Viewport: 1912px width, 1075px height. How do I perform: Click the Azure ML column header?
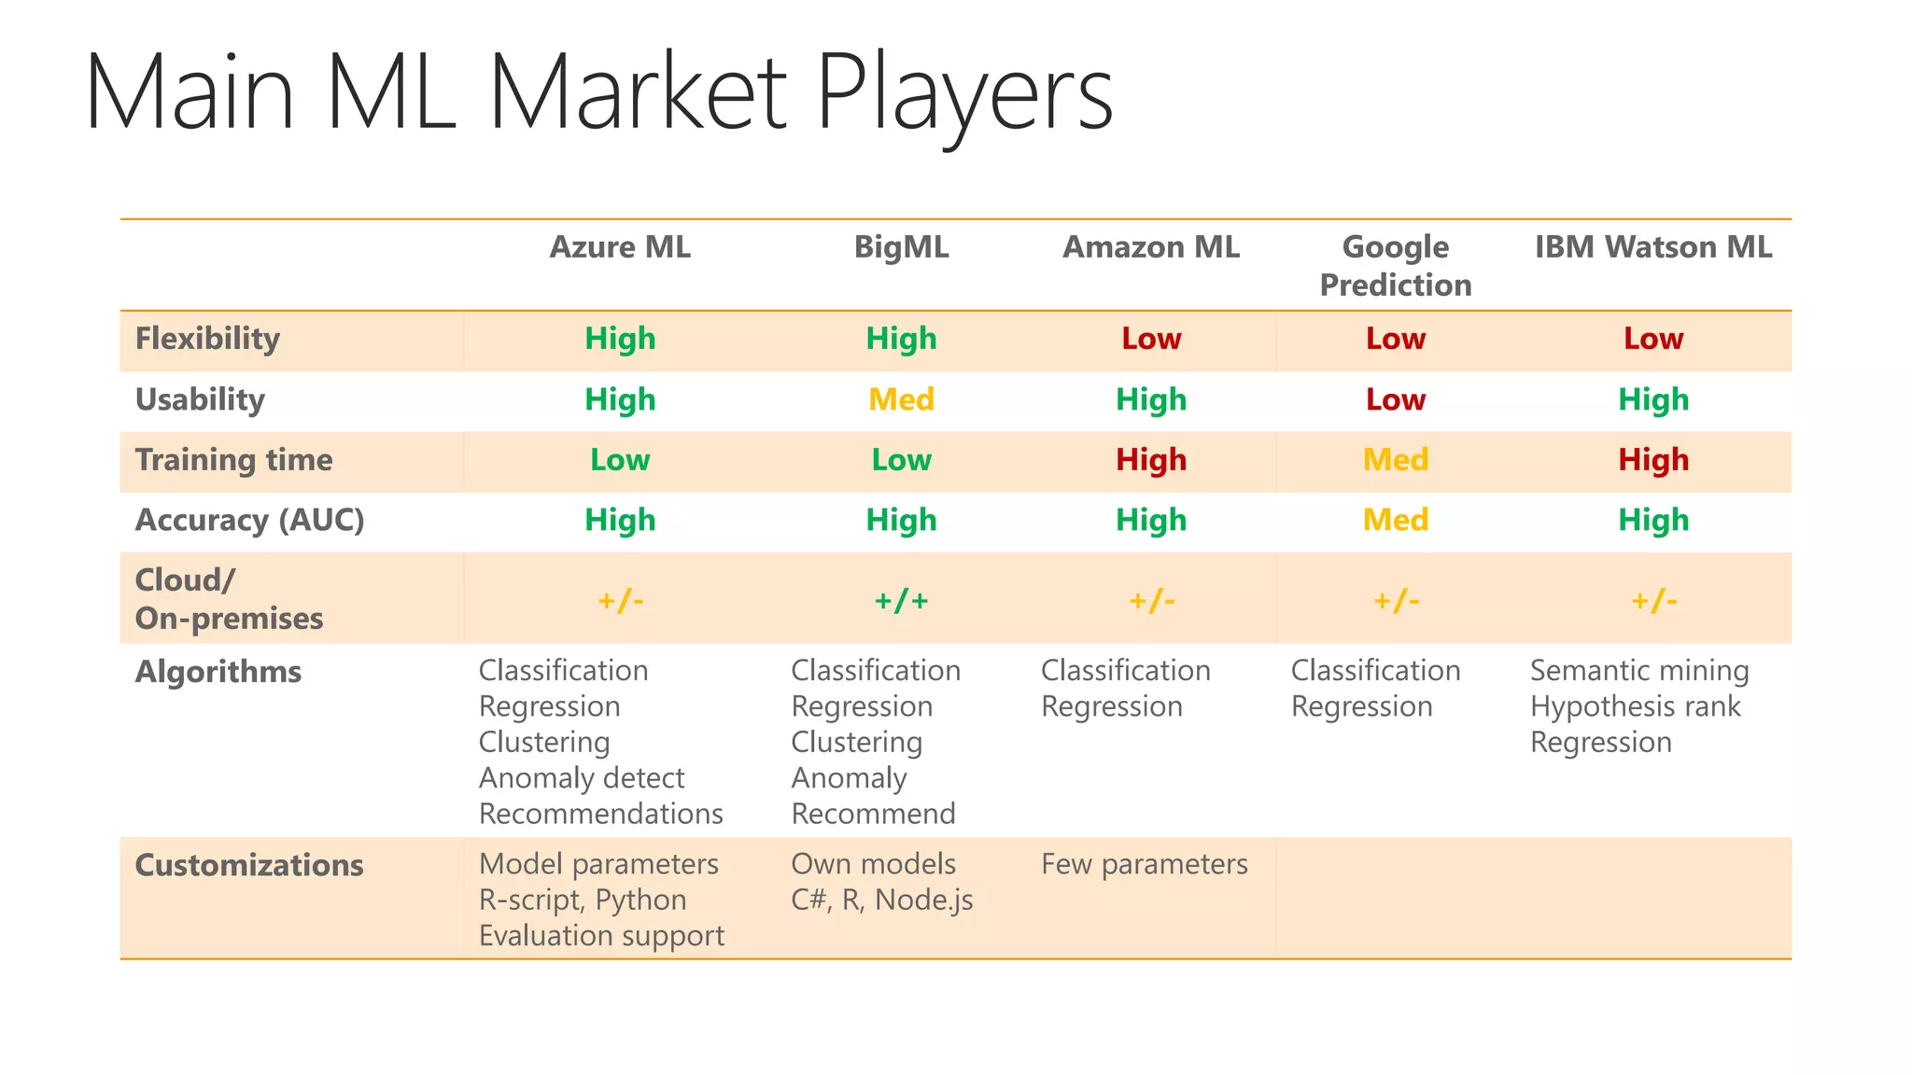(620, 247)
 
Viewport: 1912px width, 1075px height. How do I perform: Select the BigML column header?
(901, 247)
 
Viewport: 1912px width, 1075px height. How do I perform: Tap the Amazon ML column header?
(1151, 247)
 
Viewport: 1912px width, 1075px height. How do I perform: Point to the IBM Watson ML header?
(1653, 247)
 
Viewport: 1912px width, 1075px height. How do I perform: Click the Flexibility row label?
(207, 339)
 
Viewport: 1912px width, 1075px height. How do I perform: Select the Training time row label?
(233, 460)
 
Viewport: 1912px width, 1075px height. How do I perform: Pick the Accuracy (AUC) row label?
(249, 520)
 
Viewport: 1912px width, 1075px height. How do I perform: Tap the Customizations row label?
(249, 865)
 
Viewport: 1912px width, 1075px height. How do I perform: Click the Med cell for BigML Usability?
(901, 399)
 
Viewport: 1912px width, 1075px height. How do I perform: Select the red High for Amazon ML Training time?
(1151, 460)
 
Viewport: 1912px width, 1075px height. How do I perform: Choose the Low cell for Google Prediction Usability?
(1396, 399)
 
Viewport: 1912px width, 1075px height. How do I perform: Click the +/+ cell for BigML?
(901, 600)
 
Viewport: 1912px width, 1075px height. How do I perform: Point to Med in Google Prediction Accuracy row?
(1396, 520)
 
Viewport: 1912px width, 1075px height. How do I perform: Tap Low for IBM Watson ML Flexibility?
(1653, 339)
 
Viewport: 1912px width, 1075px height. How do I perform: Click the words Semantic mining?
(1639, 671)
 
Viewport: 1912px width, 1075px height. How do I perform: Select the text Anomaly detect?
(582, 778)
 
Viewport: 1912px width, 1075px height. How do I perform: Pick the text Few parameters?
(1145, 864)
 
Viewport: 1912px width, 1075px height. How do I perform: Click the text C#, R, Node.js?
(882, 900)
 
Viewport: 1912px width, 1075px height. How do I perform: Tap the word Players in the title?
(963, 93)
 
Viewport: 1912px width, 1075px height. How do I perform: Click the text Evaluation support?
(601, 936)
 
